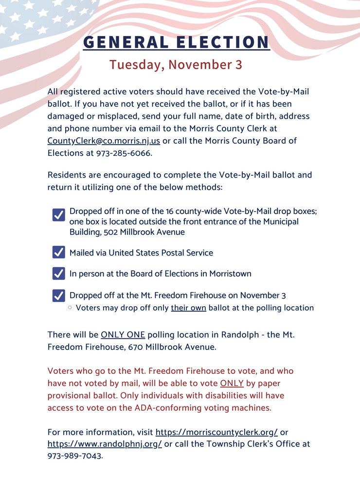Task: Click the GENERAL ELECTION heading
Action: click(176, 42)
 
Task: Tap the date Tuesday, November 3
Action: click(176, 65)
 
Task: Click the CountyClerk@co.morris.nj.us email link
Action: click(104, 141)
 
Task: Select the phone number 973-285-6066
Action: click(127, 153)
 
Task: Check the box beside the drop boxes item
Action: click(58, 215)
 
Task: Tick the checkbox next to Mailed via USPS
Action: click(58, 252)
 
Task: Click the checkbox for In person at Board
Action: click(58, 273)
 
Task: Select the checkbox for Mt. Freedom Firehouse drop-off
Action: click(58, 295)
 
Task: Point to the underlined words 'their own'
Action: click(188, 308)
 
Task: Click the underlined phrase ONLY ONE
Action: click(123, 334)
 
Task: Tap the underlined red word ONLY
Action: click(232, 383)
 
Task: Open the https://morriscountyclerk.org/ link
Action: click(216, 432)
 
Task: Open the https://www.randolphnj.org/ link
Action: click(105, 444)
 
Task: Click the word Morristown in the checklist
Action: click(230, 274)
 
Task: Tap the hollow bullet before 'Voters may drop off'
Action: click(71, 308)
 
